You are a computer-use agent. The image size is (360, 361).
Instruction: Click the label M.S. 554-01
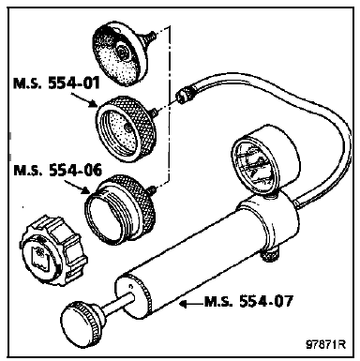tap(56, 83)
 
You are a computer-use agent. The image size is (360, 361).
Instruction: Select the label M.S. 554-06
tap(57, 171)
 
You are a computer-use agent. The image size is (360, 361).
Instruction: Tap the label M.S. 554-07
tap(248, 302)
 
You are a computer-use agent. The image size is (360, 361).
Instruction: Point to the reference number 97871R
tap(325, 344)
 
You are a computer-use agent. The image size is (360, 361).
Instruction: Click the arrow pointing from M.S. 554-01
tap(82, 99)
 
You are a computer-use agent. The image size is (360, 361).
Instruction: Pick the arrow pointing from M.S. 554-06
tap(76, 187)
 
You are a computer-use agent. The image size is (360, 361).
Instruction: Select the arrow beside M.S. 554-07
tap(192, 304)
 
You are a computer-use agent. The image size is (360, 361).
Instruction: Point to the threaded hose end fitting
tap(185, 94)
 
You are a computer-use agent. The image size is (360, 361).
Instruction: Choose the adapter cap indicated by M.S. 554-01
tap(125, 128)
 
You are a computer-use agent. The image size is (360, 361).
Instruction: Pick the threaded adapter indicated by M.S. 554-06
tap(120, 209)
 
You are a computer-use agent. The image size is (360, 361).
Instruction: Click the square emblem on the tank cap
tap(39, 256)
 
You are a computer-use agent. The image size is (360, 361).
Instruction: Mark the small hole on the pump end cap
tap(130, 286)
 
